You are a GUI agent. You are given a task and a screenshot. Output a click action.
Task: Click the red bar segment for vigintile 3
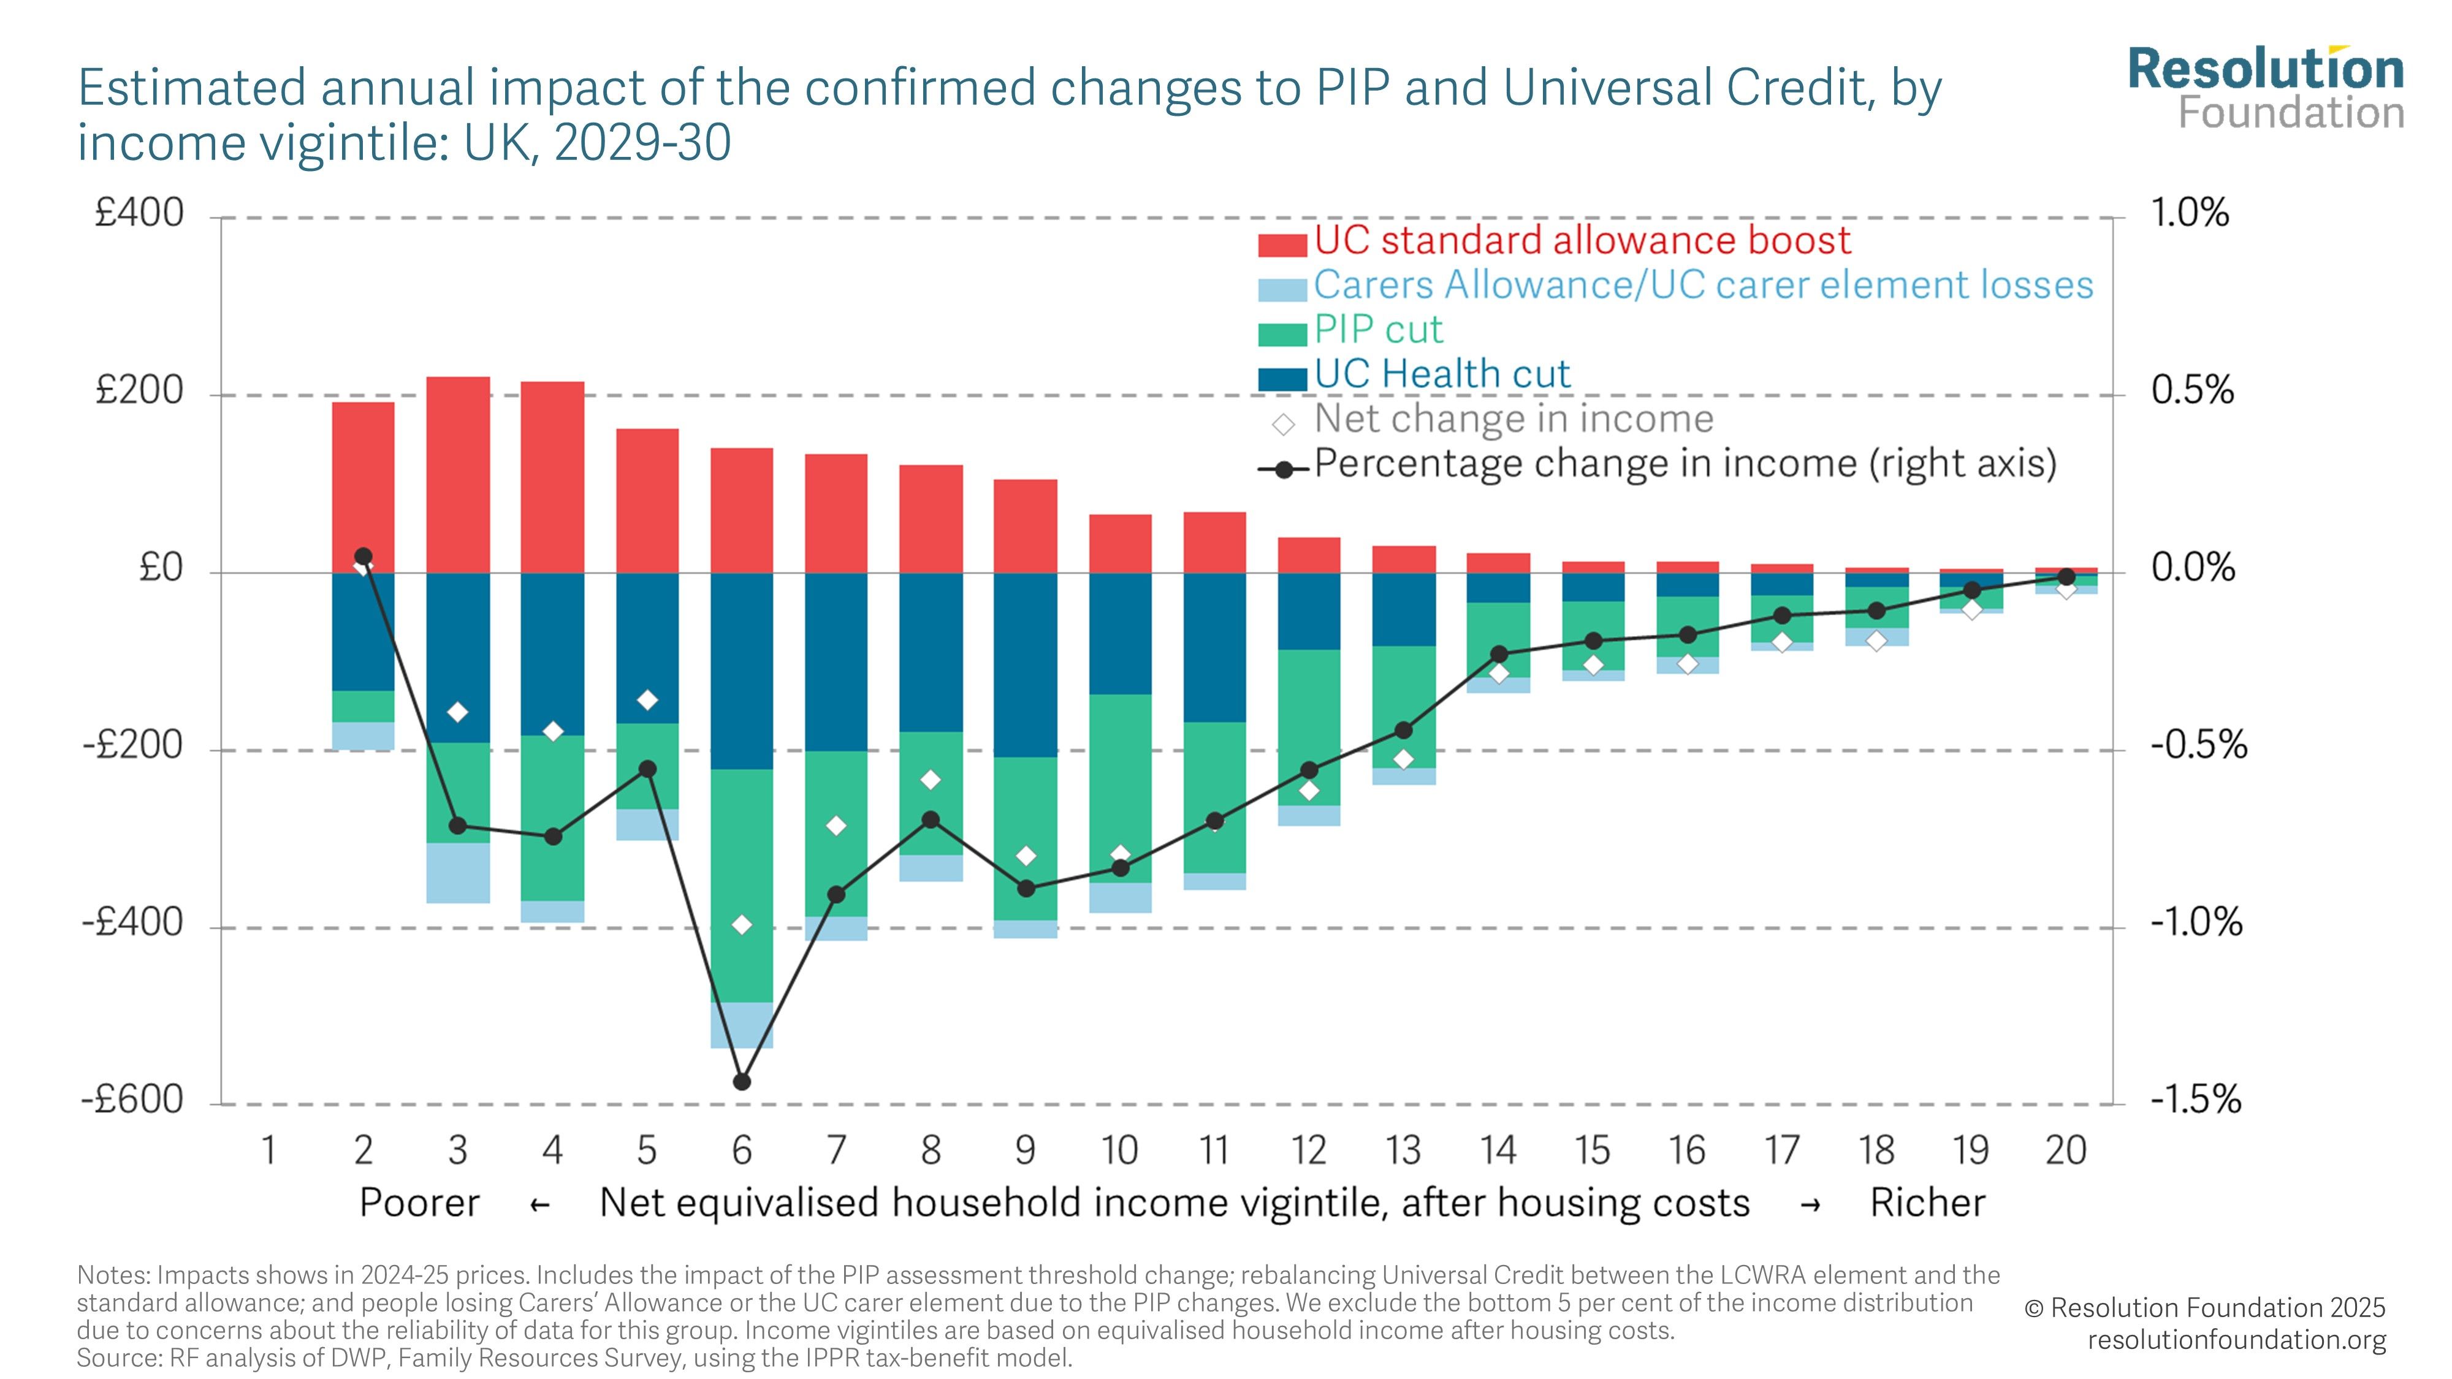pos(458,474)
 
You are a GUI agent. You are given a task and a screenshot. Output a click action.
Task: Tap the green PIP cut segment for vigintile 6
pos(742,885)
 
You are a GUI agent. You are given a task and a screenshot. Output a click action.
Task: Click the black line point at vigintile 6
pos(742,1082)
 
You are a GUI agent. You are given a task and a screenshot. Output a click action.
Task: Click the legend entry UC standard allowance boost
pos(1582,241)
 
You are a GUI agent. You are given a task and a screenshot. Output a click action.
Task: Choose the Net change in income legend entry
pos(1513,419)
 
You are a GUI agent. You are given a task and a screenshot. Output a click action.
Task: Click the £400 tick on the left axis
pos(139,213)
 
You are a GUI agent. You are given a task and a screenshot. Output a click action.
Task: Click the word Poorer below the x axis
pos(419,1204)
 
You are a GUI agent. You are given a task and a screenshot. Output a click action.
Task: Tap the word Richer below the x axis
pos(1927,1204)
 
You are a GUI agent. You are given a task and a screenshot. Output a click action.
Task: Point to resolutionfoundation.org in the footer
pos(2237,1340)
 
